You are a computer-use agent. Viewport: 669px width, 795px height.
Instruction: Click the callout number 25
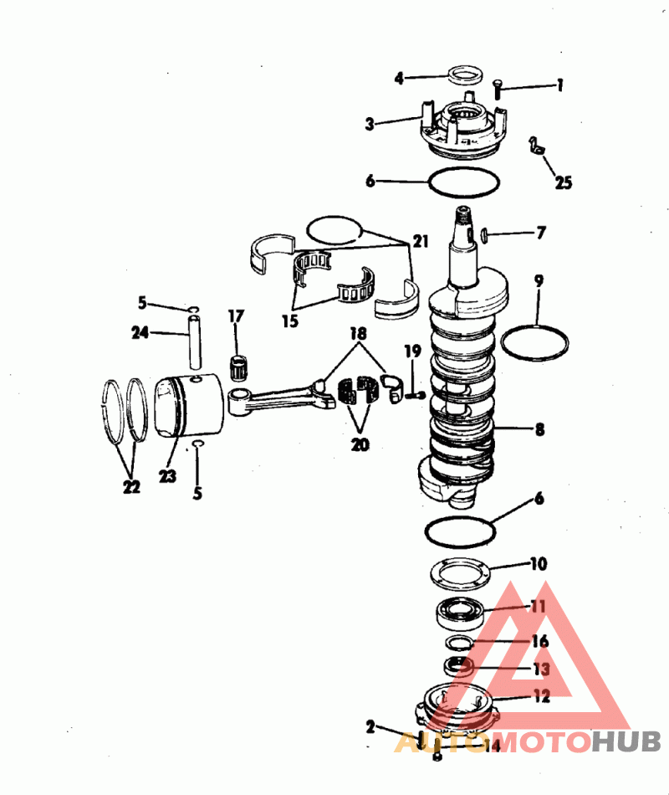click(x=564, y=182)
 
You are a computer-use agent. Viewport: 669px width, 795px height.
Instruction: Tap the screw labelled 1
click(x=498, y=90)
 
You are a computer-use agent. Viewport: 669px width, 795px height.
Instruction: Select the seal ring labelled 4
click(x=465, y=75)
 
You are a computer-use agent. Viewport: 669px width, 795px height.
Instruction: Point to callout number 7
click(x=541, y=233)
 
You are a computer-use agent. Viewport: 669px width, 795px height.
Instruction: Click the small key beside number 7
click(x=483, y=234)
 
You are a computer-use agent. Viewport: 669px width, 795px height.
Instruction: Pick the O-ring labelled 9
click(x=534, y=343)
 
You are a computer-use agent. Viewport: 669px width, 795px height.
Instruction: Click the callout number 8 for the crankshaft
click(x=539, y=430)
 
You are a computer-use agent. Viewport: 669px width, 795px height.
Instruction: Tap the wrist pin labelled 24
click(x=195, y=341)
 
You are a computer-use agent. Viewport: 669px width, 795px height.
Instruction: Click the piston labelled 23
click(x=188, y=406)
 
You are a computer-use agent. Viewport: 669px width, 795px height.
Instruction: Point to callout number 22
click(x=131, y=487)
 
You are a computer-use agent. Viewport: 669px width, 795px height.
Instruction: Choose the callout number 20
click(x=360, y=444)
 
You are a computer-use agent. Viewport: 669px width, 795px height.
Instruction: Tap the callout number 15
click(x=290, y=321)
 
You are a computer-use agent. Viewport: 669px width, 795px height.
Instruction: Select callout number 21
click(x=421, y=241)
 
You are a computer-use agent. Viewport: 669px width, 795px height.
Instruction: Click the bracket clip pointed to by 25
click(x=536, y=146)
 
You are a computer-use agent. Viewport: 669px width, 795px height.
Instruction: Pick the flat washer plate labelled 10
click(x=460, y=573)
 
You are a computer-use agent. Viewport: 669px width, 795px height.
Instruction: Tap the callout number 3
click(x=370, y=124)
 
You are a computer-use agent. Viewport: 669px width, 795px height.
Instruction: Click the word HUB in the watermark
click(x=626, y=742)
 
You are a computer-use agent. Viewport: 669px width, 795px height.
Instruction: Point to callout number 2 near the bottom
click(x=370, y=727)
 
